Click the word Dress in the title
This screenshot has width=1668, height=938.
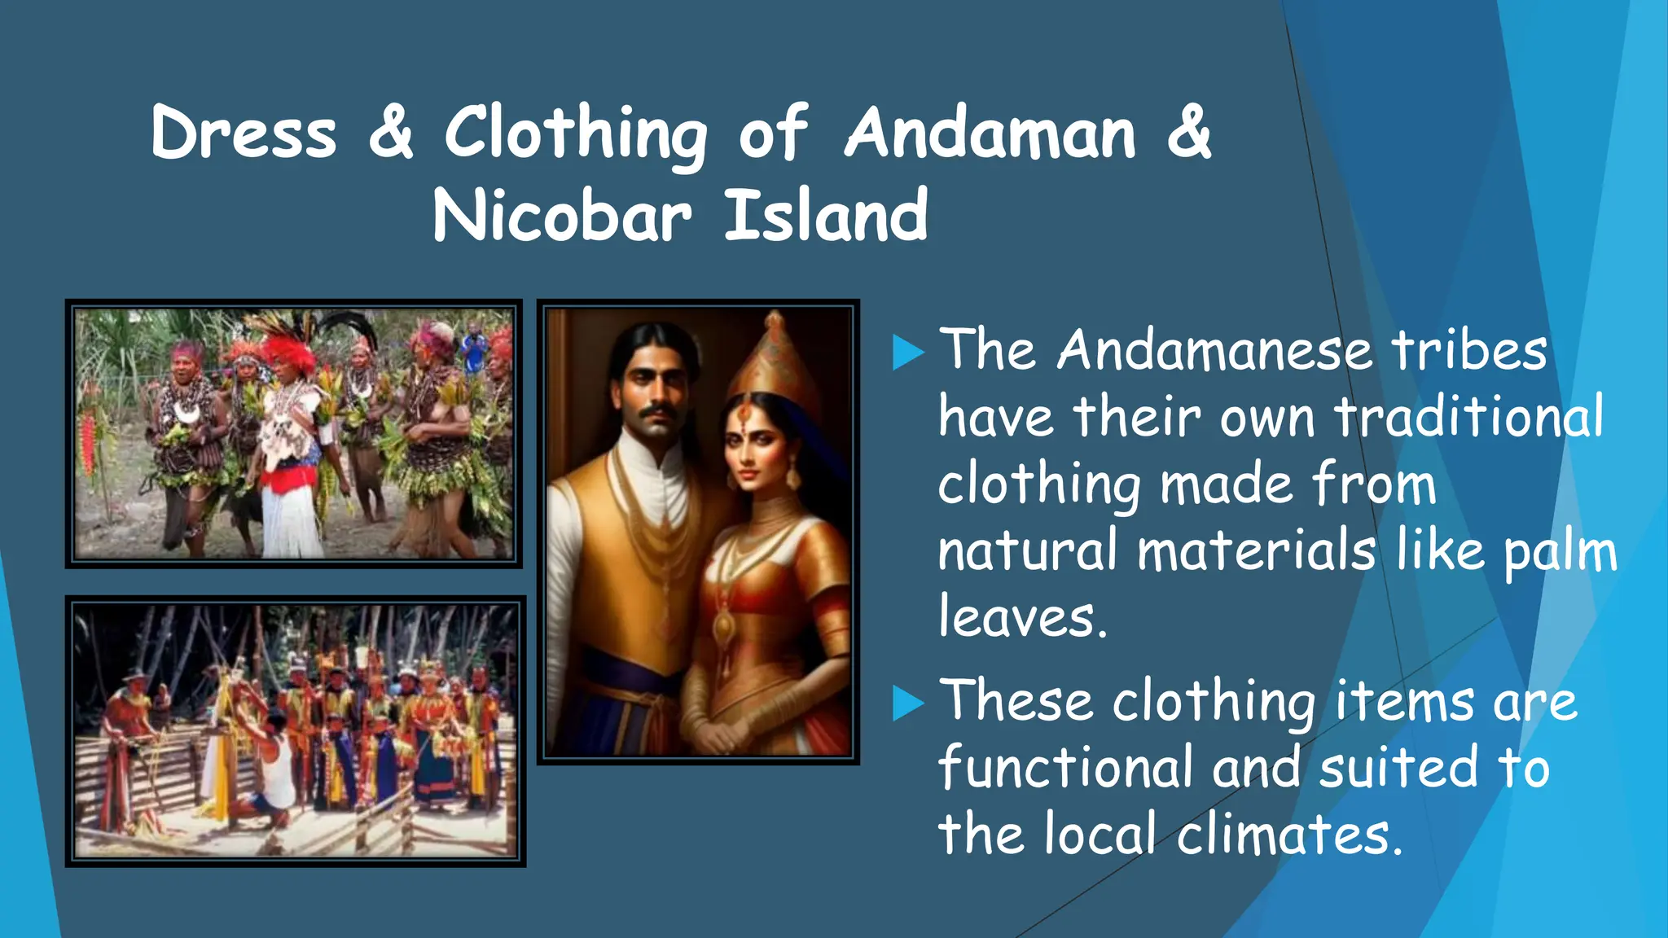[244, 133]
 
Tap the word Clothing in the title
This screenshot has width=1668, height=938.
[576, 134]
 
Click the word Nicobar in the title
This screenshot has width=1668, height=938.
[561, 216]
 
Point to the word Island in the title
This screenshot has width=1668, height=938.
[826, 216]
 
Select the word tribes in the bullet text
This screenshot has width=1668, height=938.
[1468, 351]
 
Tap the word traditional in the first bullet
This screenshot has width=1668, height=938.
[1468, 418]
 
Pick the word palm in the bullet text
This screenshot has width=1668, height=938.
[1560, 553]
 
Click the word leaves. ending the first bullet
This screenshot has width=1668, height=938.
[1022, 618]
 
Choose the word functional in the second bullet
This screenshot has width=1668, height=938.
[1065, 769]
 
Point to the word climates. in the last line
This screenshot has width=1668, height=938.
[1289, 835]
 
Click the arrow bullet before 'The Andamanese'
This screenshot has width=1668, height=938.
[908, 353]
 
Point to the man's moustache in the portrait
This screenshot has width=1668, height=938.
[656, 414]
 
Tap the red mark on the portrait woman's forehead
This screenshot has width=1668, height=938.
[744, 414]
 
